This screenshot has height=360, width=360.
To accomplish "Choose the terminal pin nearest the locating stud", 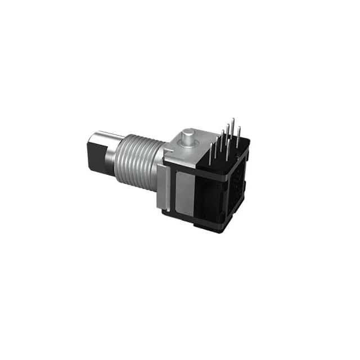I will pyautogui.click(x=210, y=155).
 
